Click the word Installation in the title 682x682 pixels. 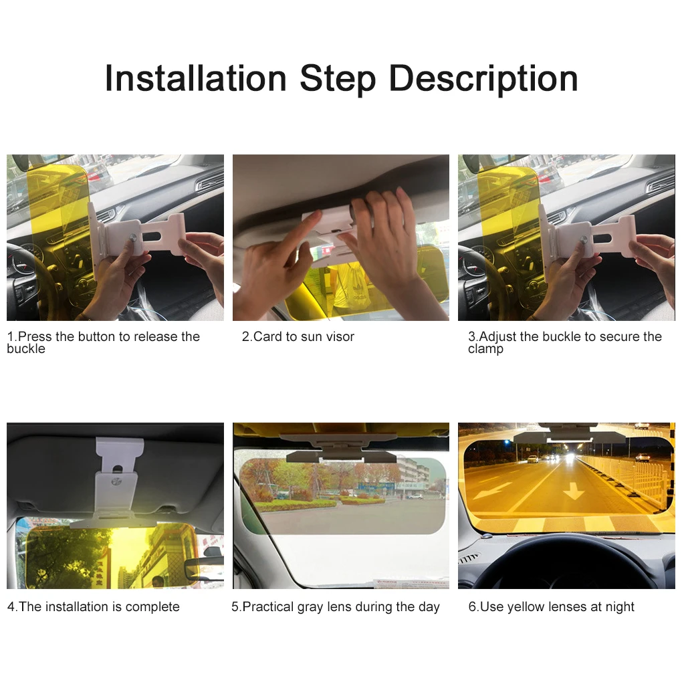pyautogui.click(x=196, y=78)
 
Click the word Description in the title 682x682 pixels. pyautogui.click(x=483, y=79)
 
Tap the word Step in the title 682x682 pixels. pyautogui.click(x=338, y=79)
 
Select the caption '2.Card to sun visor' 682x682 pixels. pyautogui.click(x=298, y=336)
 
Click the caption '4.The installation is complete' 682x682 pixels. pyautogui.click(x=94, y=606)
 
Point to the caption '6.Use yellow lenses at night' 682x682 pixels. pyautogui.click(x=551, y=606)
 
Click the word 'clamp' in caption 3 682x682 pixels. pyautogui.click(x=485, y=349)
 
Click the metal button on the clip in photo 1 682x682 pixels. pyautogui.click(x=133, y=238)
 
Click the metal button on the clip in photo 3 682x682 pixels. pyautogui.click(x=584, y=240)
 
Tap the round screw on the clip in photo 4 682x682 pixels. pyautogui.click(x=116, y=481)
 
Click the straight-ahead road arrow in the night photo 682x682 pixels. pyautogui.click(x=573, y=491)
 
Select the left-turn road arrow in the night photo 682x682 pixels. pyautogui.click(x=491, y=489)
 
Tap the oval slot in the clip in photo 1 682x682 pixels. pyautogui.click(x=150, y=237)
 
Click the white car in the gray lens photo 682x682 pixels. pyautogui.click(x=415, y=496)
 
